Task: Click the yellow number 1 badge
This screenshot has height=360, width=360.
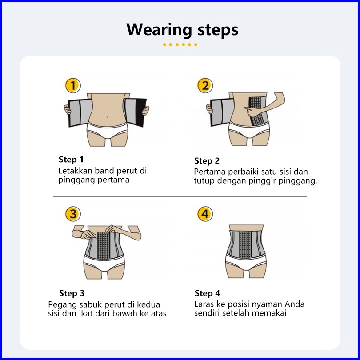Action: click(73, 85)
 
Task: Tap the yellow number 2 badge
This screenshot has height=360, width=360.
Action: click(205, 85)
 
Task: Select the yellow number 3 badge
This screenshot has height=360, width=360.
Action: click(73, 214)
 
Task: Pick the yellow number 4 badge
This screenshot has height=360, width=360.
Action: click(205, 214)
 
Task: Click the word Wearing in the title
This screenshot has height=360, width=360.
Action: click(160, 30)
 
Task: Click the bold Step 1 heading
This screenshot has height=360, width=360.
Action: click(71, 160)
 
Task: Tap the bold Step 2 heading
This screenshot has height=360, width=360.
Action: click(207, 161)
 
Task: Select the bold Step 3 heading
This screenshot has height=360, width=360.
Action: click(72, 293)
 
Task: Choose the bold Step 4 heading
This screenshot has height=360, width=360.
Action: click(207, 293)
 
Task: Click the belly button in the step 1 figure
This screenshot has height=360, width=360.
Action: click(108, 117)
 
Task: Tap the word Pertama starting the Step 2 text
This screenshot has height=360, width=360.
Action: click(210, 172)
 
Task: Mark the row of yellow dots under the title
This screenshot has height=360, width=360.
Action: click(180, 44)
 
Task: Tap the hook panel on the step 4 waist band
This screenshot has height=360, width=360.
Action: click(246, 244)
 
